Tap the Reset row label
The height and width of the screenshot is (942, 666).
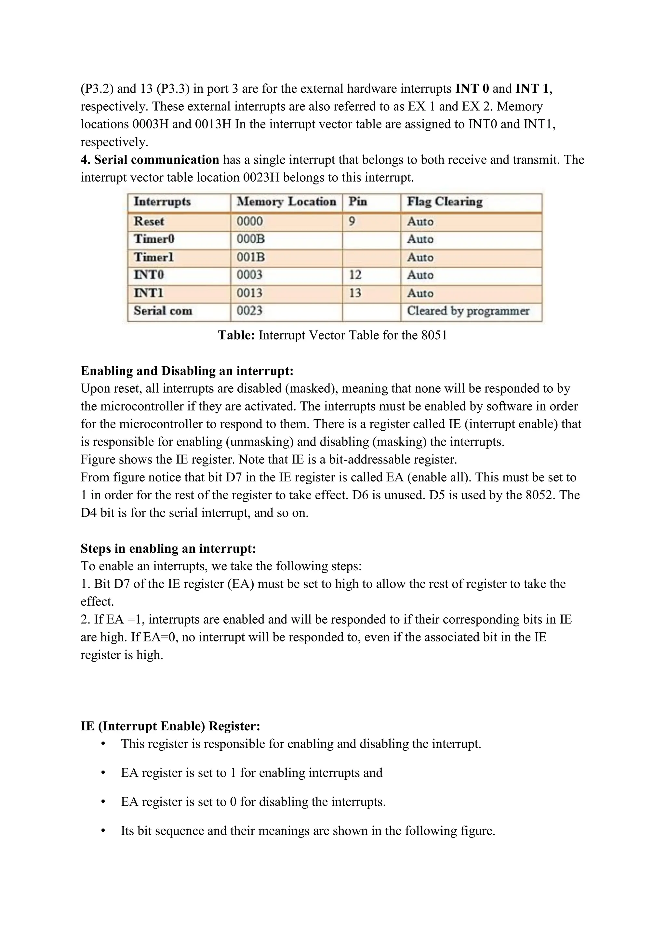[x=149, y=221]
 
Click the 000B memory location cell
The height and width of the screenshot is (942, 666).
[x=251, y=239]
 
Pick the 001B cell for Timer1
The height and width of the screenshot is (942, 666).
[x=251, y=257]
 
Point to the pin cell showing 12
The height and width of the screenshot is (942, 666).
[x=355, y=275]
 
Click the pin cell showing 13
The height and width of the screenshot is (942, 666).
[x=355, y=293]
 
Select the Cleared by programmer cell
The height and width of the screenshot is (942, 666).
[x=468, y=311]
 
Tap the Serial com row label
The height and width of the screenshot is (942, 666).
[x=163, y=311]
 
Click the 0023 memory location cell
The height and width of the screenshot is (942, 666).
[x=249, y=311]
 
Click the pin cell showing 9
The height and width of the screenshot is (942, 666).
[x=352, y=221]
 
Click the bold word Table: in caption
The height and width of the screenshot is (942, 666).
[x=237, y=335]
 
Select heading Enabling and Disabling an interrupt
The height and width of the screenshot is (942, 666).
[x=187, y=371]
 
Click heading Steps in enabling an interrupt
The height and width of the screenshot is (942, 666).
[x=168, y=548]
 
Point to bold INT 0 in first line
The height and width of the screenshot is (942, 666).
[x=472, y=88]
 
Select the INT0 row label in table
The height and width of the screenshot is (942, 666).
[x=149, y=275]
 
